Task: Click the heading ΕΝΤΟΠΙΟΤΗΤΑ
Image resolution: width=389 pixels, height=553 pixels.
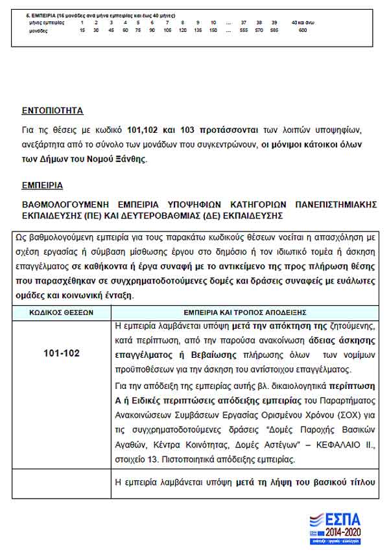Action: pos(52,110)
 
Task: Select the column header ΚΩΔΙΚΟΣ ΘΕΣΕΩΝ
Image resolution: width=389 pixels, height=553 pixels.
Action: pos(62,312)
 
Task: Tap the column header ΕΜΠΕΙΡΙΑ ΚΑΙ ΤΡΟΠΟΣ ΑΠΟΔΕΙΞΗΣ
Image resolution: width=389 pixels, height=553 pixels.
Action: pos(245,312)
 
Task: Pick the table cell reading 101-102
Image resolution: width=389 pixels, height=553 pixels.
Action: pos(62,353)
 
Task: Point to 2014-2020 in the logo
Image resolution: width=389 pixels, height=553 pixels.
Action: pos(343,532)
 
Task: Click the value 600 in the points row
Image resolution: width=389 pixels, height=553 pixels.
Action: pos(302,30)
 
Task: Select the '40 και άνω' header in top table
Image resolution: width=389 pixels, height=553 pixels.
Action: pos(302,23)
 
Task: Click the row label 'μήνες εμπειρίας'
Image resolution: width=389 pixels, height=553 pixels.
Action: pos(47,23)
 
